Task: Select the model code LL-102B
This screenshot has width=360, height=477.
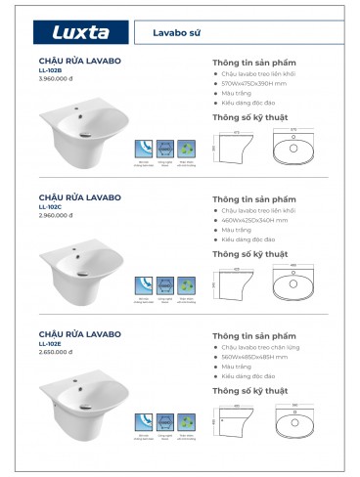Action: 49,70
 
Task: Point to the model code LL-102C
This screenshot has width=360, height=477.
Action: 49,205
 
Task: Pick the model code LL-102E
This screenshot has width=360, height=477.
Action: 49,343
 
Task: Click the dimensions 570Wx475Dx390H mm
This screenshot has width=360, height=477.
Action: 254,85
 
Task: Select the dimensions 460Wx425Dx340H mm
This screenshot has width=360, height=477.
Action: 254,221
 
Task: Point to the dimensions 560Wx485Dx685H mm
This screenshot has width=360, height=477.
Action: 254,357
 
